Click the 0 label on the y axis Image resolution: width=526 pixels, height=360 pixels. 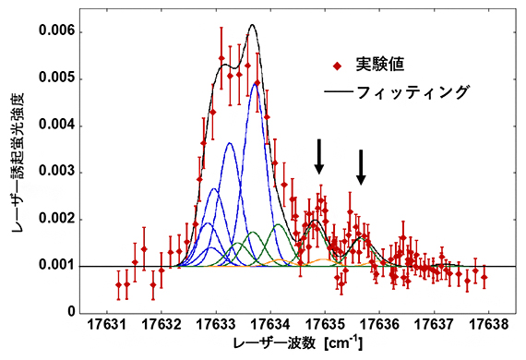71,313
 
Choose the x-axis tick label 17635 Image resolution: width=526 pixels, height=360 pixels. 326,326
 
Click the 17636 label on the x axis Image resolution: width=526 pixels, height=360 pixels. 380,326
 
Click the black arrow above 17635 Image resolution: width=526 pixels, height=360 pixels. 319,157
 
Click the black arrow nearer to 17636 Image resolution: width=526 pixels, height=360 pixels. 361,167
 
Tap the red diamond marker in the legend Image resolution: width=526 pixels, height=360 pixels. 338,66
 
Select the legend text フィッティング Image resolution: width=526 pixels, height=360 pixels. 412,92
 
